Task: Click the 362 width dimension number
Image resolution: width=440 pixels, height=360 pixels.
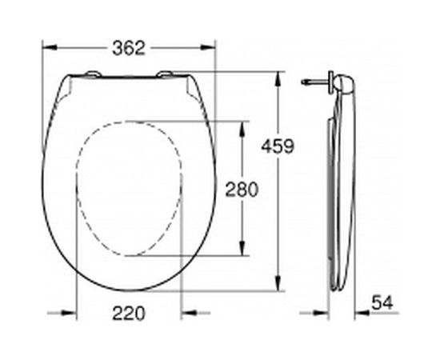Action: point(128,48)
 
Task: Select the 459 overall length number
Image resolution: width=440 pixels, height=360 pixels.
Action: point(278,146)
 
